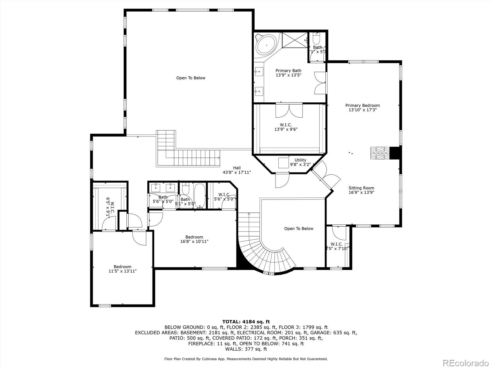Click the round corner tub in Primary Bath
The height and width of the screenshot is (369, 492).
[x=266, y=45]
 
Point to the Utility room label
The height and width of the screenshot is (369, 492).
[x=300, y=160]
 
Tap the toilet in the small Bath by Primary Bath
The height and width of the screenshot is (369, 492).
[x=316, y=39]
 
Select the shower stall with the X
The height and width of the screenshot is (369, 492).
[x=295, y=40]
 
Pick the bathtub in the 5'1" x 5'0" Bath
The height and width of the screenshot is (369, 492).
[x=200, y=195]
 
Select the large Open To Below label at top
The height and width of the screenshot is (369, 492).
[x=191, y=78]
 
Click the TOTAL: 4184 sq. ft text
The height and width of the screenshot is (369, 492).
[x=246, y=322]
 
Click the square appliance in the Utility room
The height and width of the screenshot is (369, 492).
[x=284, y=163]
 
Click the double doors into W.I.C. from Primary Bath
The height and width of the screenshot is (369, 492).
[x=289, y=111]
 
